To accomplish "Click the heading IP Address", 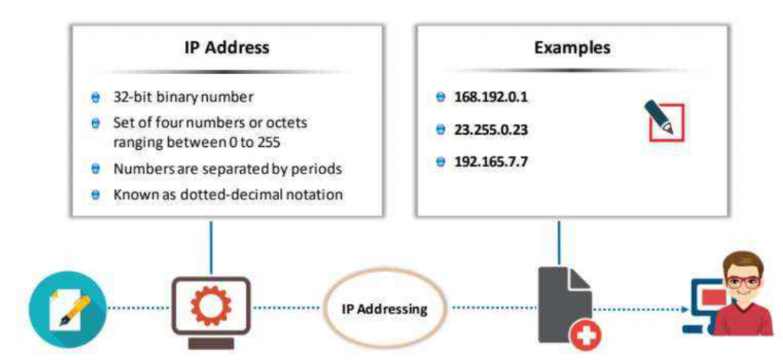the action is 226,47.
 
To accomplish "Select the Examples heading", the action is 572,47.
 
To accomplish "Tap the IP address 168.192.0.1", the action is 491,98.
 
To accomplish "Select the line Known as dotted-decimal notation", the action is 228,195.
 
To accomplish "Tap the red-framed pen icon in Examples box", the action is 663,119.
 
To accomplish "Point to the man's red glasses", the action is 739,281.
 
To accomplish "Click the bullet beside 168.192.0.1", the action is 440,98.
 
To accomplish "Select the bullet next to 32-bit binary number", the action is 96,98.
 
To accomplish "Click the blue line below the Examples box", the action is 560,243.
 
